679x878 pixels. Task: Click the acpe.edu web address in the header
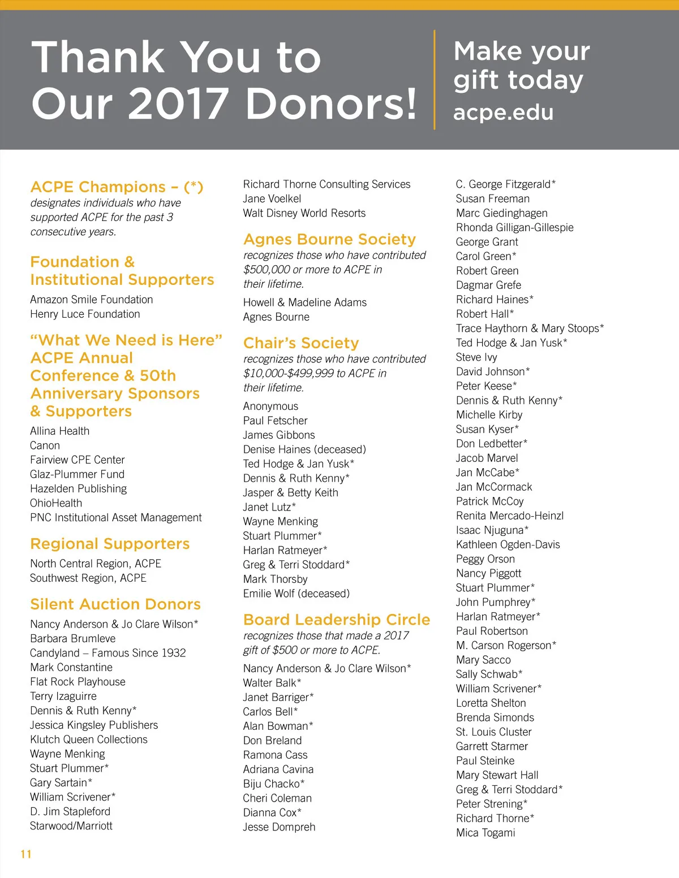[x=503, y=113]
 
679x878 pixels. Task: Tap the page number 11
[x=26, y=854]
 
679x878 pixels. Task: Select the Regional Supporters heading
[x=110, y=544]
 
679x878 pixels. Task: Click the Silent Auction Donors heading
[x=115, y=604]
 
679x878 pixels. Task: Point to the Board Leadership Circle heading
[x=337, y=620]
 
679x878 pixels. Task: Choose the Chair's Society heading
[x=301, y=343]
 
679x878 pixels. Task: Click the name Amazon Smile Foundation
[x=92, y=300]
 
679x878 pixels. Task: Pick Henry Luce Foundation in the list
[x=85, y=314]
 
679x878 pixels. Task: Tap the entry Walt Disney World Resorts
[x=304, y=213]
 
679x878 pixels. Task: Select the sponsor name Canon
[x=45, y=446]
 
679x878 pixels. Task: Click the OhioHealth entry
[x=56, y=503]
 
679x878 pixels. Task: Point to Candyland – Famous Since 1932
[x=108, y=653]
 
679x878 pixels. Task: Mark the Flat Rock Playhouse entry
[x=78, y=682]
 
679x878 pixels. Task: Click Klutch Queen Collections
[x=89, y=739]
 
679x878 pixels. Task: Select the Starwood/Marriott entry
[x=71, y=826]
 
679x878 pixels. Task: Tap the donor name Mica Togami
[x=485, y=833]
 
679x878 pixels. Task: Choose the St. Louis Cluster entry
[x=493, y=732]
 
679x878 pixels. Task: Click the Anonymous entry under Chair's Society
[x=270, y=406]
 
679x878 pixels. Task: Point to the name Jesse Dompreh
[x=279, y=827]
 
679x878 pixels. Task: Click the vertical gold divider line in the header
[x=435, y=80]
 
